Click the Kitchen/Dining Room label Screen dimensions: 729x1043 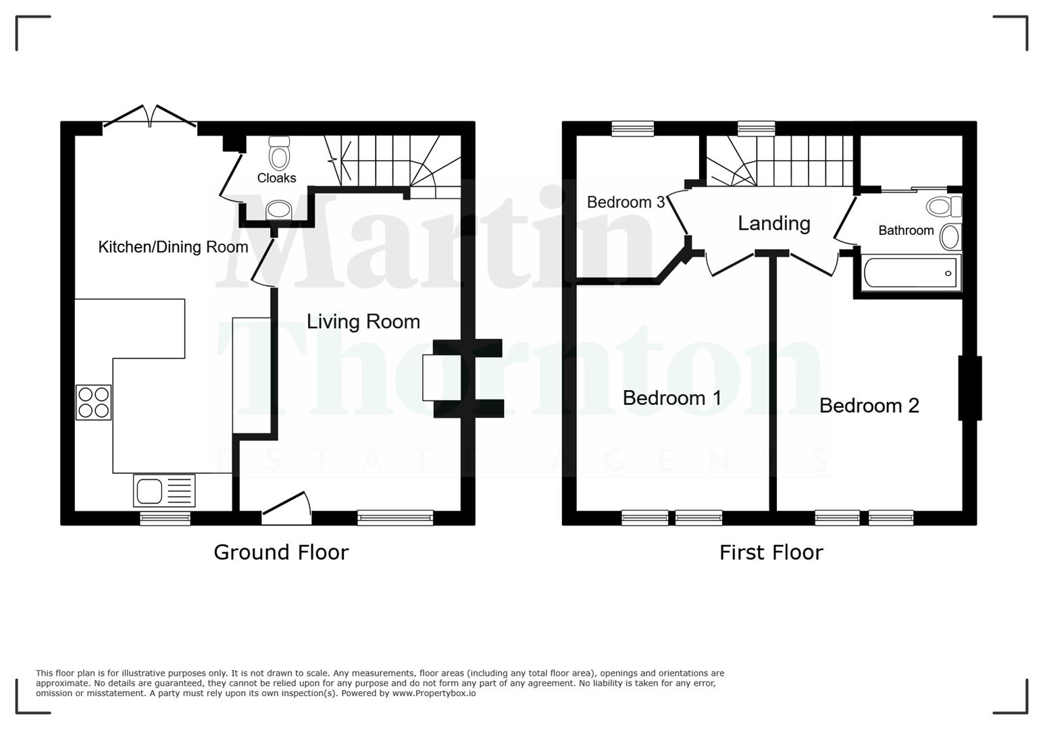tap(173, 247)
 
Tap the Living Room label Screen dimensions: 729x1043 tap(363, 321)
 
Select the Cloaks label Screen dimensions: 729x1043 tap(276, 178)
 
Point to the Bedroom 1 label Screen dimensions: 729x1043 tap(671, 398)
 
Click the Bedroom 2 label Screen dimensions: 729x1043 tap(869, 405)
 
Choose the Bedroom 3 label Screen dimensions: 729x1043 tap(626, 202)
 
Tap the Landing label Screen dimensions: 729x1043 tap(773, 223)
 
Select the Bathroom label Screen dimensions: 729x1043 tap(905, 230)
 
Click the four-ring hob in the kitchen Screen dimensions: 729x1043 tap(93, 402)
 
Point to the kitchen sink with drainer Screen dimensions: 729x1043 tap(164, 491)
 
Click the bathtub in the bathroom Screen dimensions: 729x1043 tap(910, 273)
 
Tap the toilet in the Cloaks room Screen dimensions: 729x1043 tap(279, 154)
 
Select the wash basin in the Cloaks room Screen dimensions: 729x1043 tap(278, 210)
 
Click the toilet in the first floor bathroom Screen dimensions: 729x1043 tap(943, 206)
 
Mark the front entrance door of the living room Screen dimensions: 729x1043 tap(286, 510)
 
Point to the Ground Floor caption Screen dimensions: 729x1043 tap(281, 552)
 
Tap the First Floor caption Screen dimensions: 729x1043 tap(771, 553)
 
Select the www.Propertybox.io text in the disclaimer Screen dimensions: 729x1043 tap(434, 693)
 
